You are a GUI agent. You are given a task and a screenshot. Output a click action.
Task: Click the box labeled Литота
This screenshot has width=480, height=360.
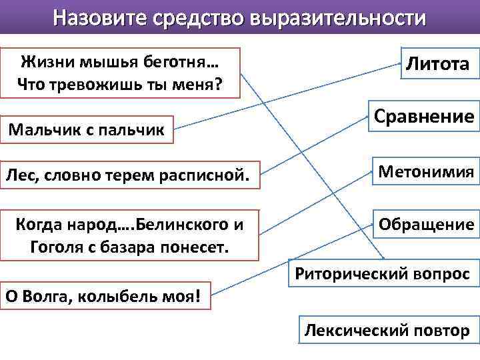tap(437, 63)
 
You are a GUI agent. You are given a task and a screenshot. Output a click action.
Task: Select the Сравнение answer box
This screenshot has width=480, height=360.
tap(423, 117)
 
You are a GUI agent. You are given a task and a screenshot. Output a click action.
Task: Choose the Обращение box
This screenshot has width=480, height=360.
tap(426, 225)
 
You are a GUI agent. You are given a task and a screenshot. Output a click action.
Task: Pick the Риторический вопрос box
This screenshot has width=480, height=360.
tap(383, 273)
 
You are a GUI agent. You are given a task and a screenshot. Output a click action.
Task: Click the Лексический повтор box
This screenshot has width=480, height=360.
tap(387, 330)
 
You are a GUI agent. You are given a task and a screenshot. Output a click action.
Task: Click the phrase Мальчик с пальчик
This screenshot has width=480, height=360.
tap(86, 128)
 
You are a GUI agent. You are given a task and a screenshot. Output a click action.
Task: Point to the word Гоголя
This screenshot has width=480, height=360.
tap(56, 247)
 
